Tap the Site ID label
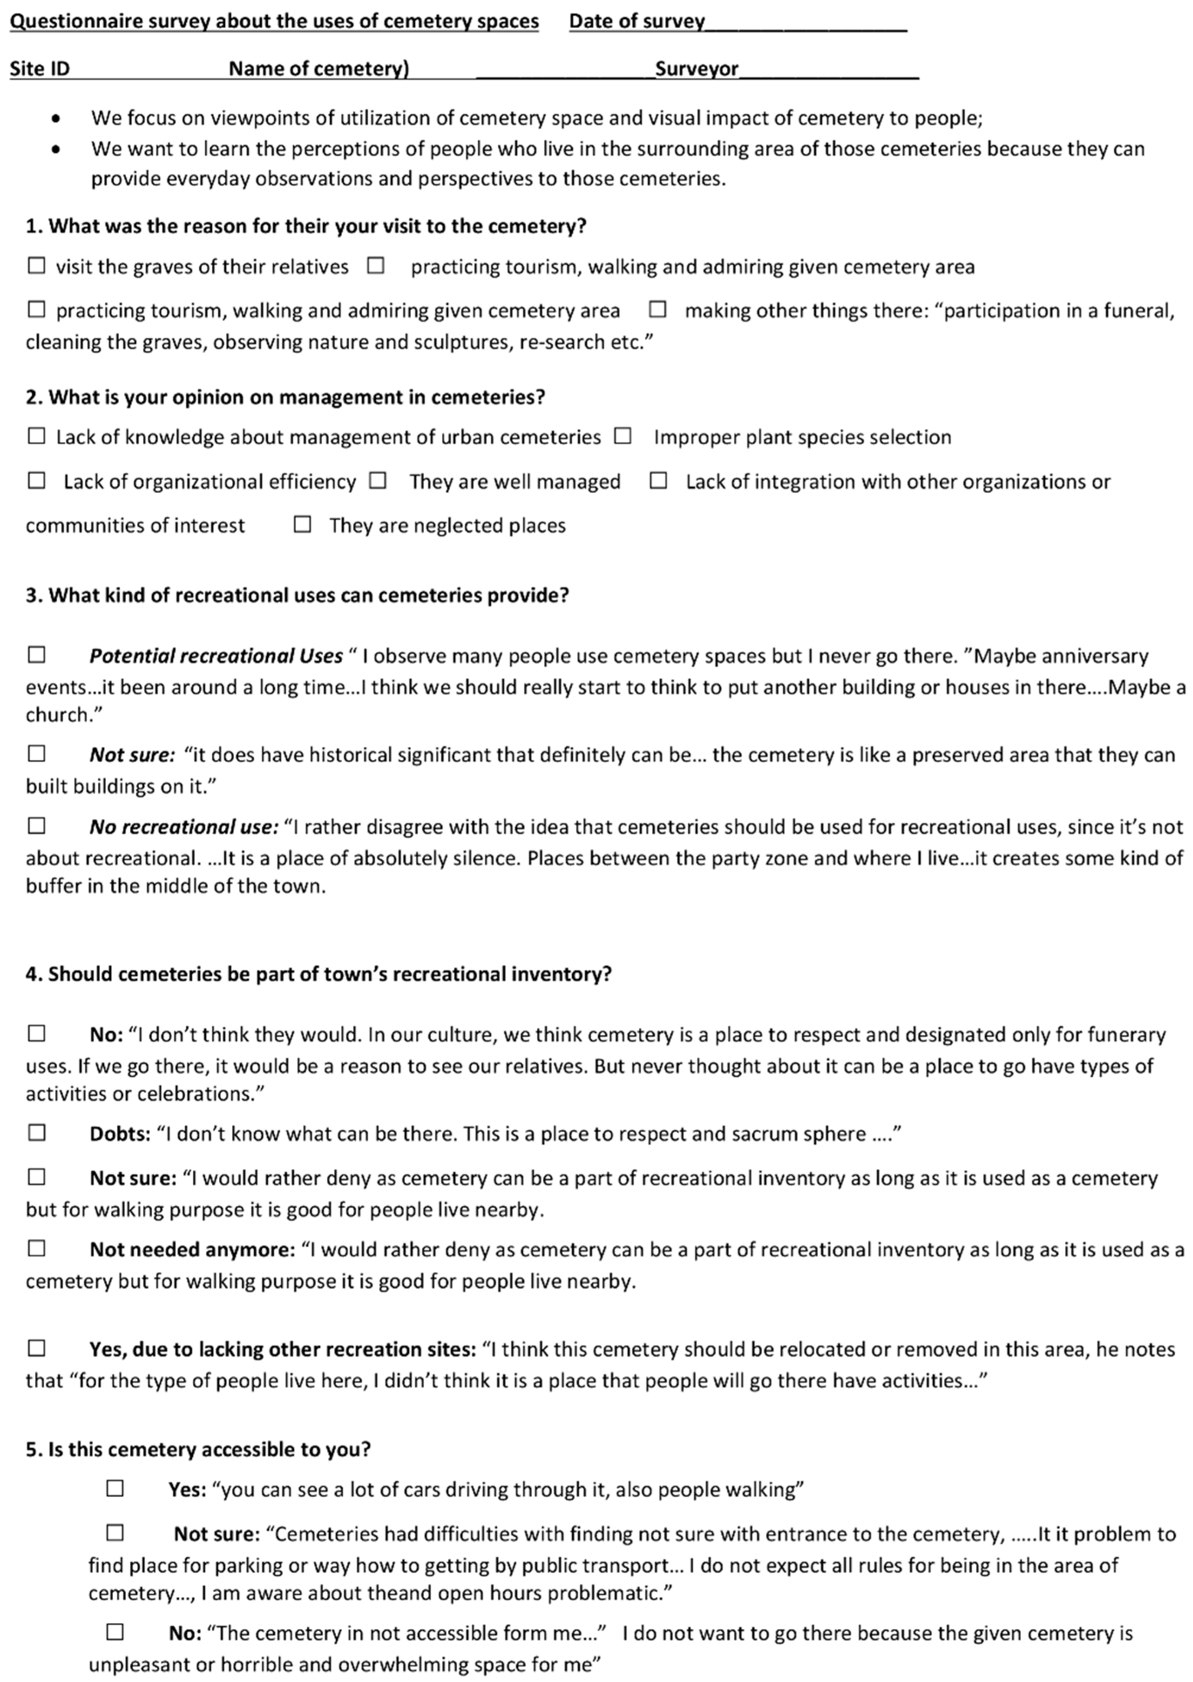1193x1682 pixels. coord(40,69)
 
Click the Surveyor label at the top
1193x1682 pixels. coord(696,69)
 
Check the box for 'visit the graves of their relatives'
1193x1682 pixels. coord(36,265)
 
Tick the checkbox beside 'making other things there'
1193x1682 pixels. coord(657,309)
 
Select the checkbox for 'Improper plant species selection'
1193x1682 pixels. coord(623,436)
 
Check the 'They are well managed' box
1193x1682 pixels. coord(378,480)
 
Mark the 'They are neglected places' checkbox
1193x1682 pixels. coord(302,524)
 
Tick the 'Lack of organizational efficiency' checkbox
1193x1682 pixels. coord(36,480)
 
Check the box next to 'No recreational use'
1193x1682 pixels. coord(36,826)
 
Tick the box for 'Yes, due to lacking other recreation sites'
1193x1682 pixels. coord(36,1348)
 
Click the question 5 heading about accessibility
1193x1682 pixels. coord(198,1449)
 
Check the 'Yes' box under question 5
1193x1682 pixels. coord(115,1488)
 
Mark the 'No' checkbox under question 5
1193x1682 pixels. coord(115,1631)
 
